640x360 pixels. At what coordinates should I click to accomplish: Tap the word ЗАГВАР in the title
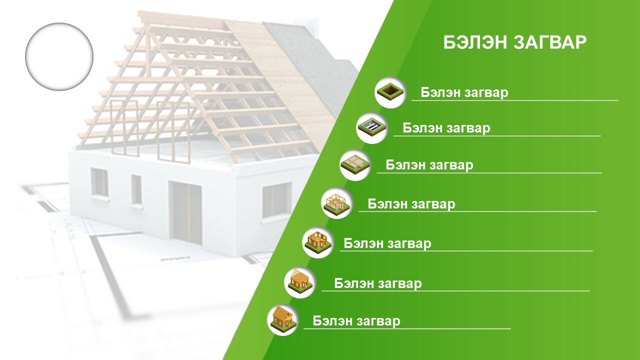point(550,42)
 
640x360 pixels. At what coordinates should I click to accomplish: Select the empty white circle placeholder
point(59,57)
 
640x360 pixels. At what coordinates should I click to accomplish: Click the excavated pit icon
point(390,92)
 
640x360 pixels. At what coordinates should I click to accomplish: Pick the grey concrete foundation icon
point(372,127)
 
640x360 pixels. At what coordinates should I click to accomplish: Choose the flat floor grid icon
point(355,164)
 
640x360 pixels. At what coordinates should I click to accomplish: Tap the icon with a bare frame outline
point(337,203)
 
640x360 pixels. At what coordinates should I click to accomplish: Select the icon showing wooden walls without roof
point(318,242)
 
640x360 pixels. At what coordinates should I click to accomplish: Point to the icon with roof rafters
point(300,282)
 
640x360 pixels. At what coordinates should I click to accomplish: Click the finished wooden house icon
point(283,319)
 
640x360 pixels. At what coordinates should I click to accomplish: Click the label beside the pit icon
point(464,92)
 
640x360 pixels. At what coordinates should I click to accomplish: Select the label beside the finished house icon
point(356,321)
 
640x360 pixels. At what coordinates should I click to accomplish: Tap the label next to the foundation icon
point(446,128)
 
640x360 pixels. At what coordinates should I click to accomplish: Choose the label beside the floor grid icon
point(429,165)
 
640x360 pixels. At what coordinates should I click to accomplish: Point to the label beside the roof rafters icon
point(377,283)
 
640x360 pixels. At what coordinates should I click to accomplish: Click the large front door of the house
point(185,212)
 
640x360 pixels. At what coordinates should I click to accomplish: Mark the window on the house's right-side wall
point(277,200)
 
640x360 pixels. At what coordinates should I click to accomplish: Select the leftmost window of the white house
point(99,182)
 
